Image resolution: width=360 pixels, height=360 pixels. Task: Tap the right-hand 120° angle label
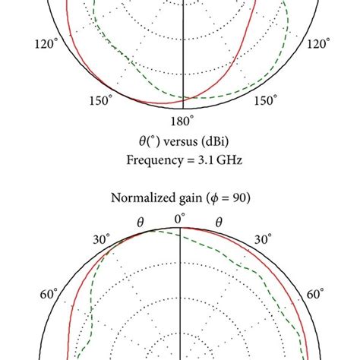(314, 45)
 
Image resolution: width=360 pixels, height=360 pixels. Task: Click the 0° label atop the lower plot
(181, 219)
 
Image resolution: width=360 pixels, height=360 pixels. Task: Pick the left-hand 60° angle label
(48, 295)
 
